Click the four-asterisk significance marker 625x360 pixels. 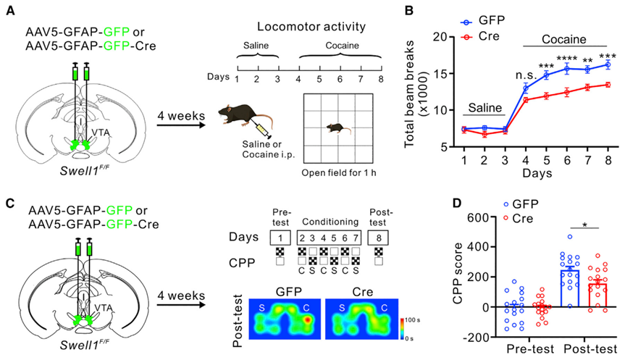566,59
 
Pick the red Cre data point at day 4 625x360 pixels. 526,99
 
